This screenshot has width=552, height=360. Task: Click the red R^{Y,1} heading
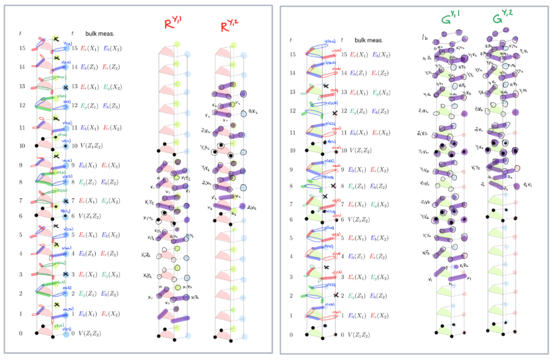(174, 25)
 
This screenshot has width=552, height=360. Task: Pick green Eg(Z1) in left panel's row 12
(88, 106)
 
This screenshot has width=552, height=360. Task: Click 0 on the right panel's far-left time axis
(293, 333)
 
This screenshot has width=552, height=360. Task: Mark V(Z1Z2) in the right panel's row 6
(364, 219)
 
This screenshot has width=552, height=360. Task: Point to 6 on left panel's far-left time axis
(23, 216)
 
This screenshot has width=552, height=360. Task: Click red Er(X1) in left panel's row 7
(88, 200)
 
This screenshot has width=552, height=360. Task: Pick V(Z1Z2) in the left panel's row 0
(94, 333)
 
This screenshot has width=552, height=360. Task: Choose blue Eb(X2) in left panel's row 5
(112, 235)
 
